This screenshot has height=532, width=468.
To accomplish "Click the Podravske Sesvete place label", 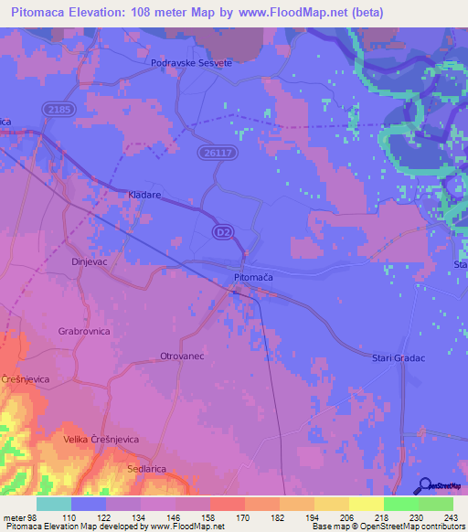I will [x=192, y=62].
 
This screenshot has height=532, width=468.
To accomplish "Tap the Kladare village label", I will [x=144, y=196].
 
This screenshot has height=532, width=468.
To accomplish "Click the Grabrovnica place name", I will [x=84, y=331].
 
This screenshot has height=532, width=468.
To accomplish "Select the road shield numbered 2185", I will [x=55, y=109].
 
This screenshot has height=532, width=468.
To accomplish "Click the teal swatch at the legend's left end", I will [x=54, y=505].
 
